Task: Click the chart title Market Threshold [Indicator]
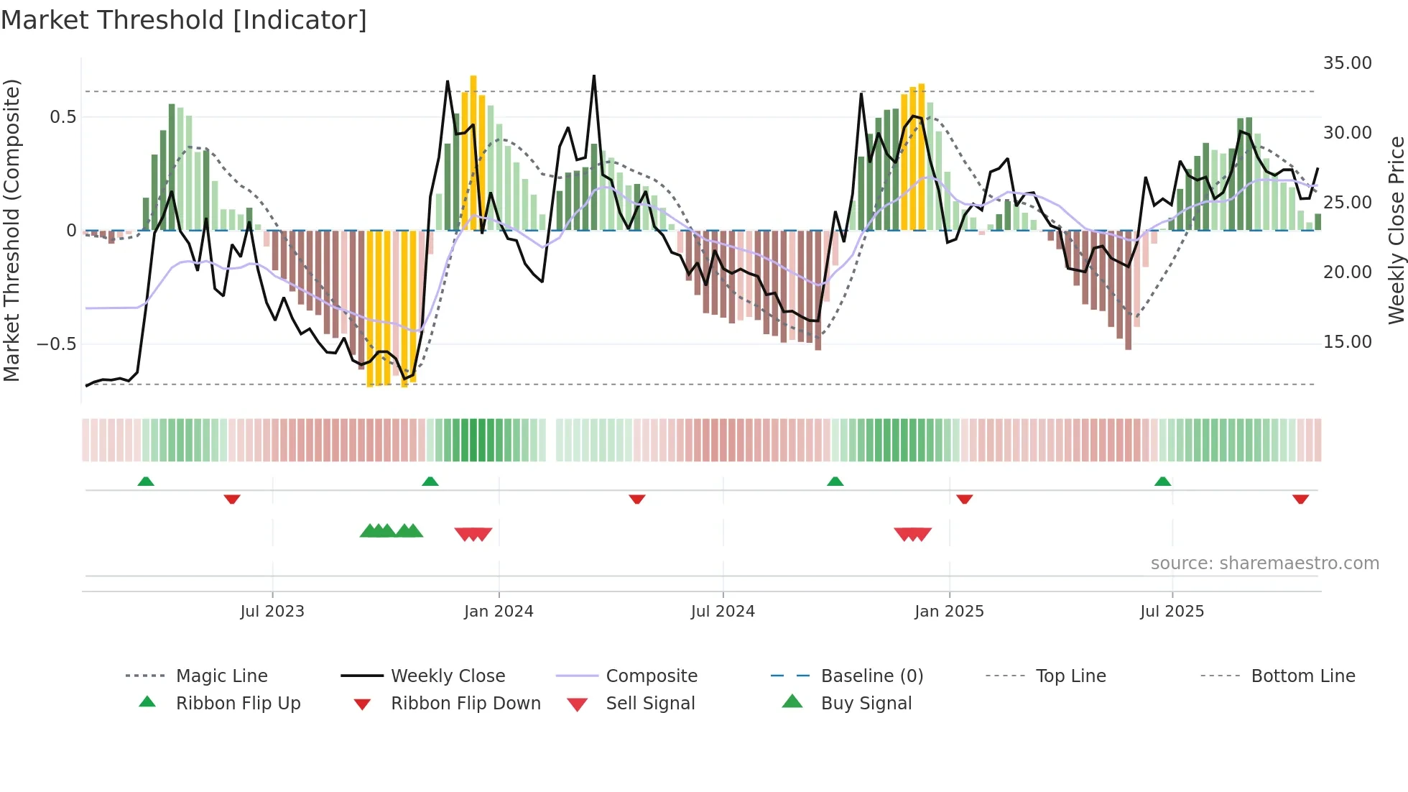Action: [184, 20]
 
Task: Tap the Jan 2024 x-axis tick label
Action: [499, 611]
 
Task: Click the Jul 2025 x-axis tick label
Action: [1172, 611]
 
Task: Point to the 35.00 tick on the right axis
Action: [1347, 63]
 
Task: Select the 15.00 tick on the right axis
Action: [1347, 342]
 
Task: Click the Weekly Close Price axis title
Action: [1395, 230]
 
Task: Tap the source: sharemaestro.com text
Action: [1264, 563]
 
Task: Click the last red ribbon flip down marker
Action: [1300, 499]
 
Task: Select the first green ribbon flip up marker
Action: [146, 481]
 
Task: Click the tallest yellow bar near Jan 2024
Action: [473, 151]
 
